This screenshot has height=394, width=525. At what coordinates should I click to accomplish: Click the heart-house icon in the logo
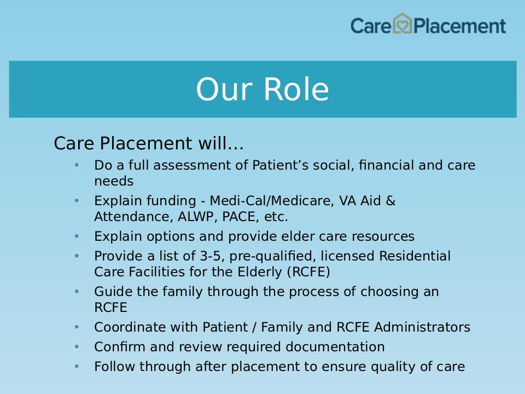click(402, 24)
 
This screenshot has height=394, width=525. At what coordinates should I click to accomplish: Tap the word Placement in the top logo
click(460, 26)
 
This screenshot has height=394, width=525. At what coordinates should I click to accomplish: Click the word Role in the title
click(296, 89)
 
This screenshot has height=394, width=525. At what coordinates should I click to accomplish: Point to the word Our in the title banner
click(224, 89)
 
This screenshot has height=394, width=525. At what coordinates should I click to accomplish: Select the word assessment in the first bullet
click(201, 165)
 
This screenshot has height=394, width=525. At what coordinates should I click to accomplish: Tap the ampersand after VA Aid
click(390, 201)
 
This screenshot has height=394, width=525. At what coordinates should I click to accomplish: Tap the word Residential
click(415, 256)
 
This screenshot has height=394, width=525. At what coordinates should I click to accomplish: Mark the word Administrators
click(422, 327)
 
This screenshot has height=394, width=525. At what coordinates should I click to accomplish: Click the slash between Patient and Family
click(254, 327)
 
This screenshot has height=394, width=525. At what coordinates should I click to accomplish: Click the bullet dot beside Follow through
click(77, 367)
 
